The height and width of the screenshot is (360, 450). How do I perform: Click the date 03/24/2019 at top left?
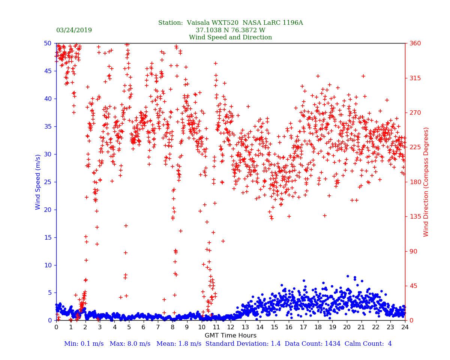tap(74, 30)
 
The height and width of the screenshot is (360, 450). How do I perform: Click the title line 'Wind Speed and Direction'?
tap(230, 37)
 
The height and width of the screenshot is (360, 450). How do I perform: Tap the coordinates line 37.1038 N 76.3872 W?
tap(230, 30)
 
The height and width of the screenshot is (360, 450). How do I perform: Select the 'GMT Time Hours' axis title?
tap(230, 336)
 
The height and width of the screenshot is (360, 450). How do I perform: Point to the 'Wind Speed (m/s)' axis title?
tap(38, 181)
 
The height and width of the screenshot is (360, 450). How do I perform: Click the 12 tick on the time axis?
tap(231, 327)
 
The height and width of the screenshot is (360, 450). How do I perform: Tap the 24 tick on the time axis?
tap(405, 327)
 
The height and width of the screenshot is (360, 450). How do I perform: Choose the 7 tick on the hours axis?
tap(158, 327)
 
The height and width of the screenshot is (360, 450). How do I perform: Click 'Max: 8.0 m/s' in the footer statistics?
tap(130, 344)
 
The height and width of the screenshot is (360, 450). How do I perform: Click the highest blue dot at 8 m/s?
tap(348, 276)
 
